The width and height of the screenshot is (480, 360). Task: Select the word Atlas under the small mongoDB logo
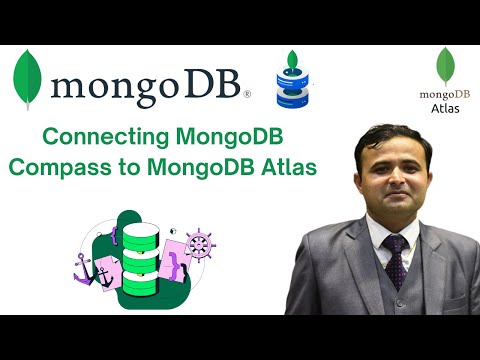[445, 108]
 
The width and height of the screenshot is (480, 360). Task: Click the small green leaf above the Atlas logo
[445, 66]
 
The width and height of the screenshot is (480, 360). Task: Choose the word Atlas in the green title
[289, 166]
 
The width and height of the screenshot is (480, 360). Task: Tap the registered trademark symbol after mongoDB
[247, 95]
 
